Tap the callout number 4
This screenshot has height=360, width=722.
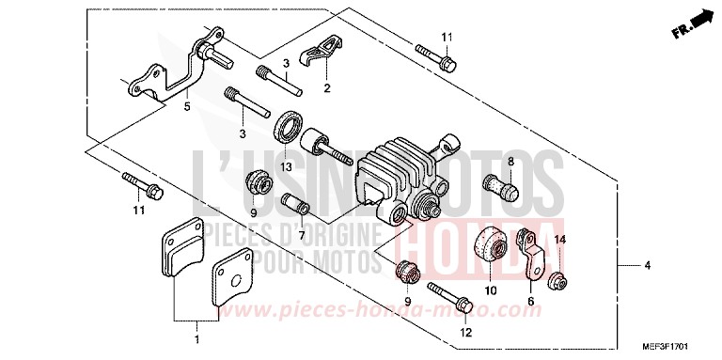pyautogui.click(x=647, y=266)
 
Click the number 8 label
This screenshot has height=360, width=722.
pyautogui.click(x=512, y=163)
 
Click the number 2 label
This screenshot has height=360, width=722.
pyautogui.click(x=327, y=88)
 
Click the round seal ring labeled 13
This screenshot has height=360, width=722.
pyautogui.click(x=288, y=127)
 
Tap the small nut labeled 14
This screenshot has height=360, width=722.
pyautogui.click(x=557, y=279)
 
